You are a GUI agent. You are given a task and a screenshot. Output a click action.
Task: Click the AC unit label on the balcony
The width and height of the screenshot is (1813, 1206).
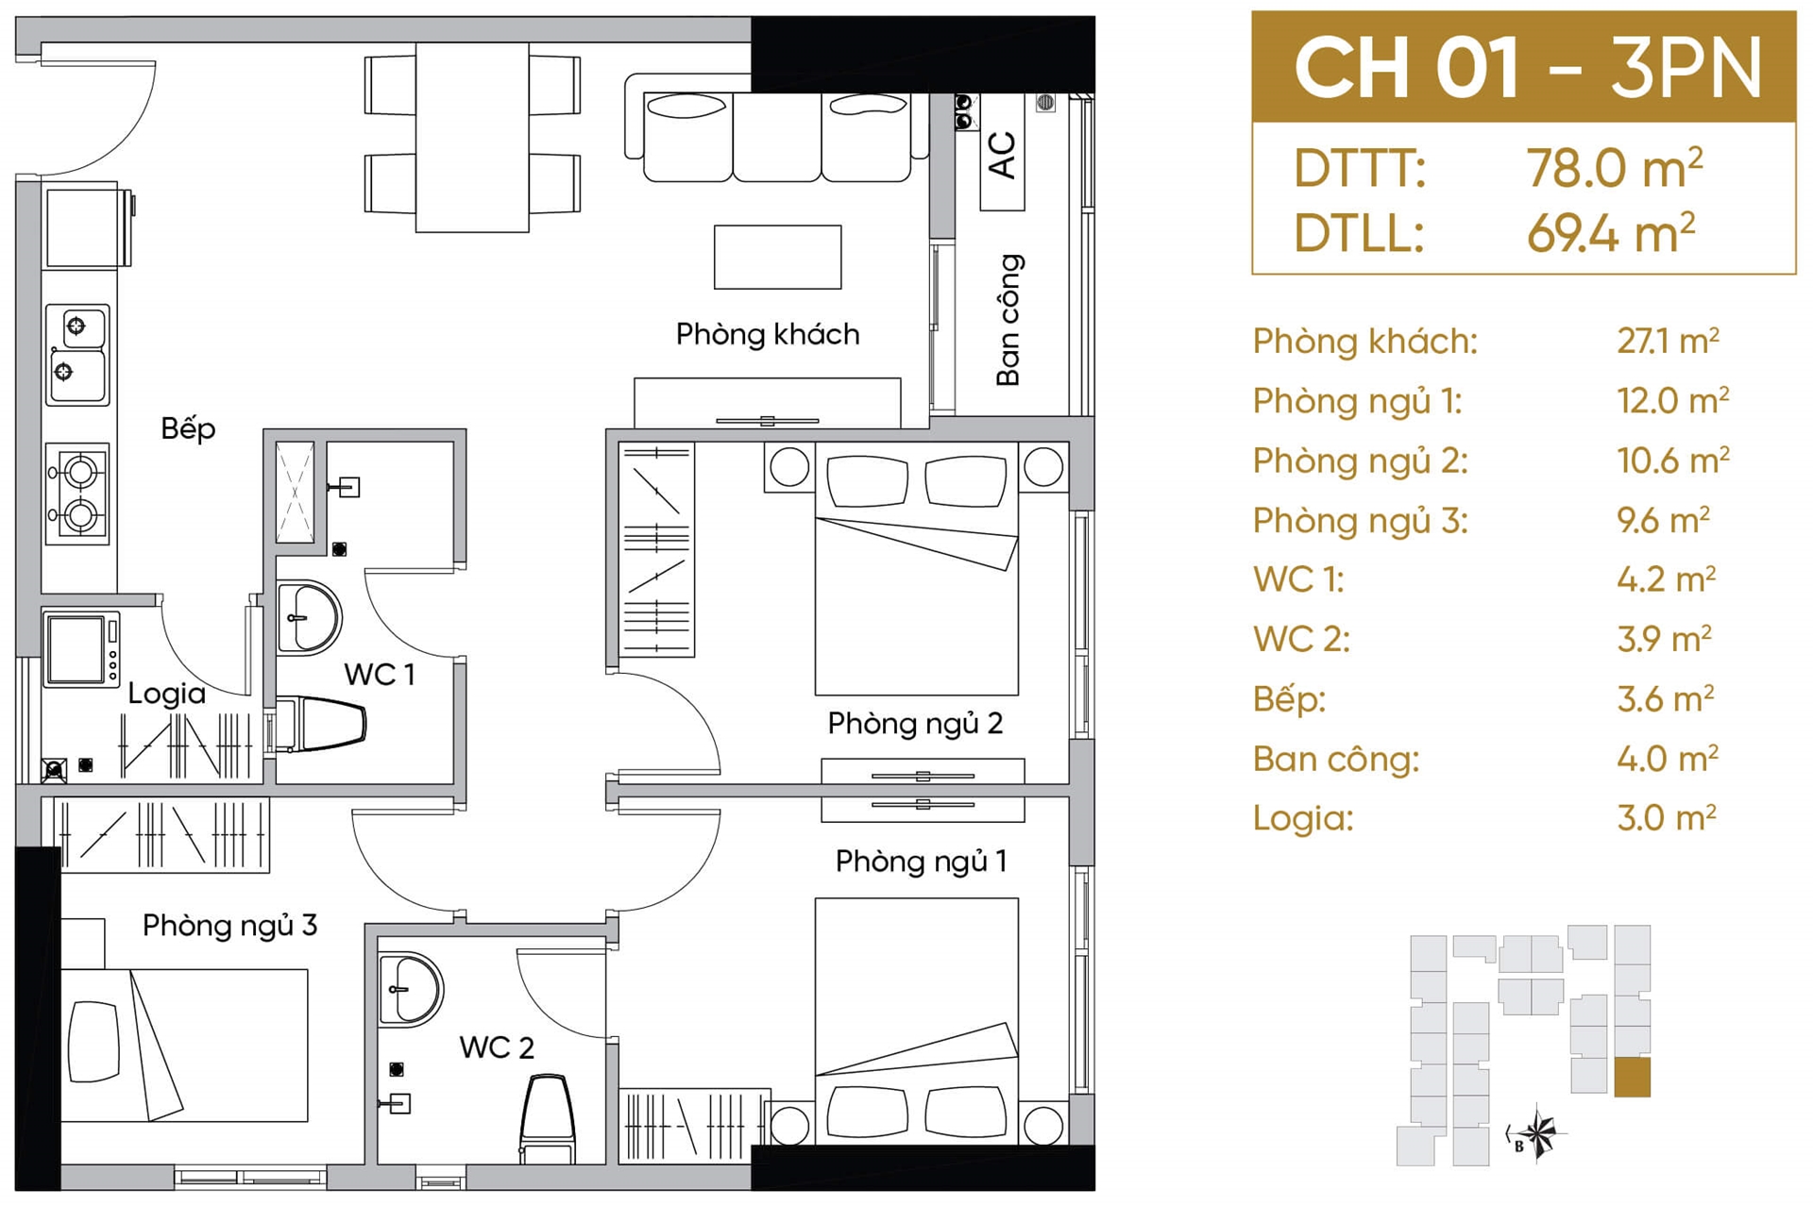click(x=1002, y=155)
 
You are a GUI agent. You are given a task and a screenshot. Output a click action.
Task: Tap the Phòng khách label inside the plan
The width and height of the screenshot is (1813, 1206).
click(x=768, y=334)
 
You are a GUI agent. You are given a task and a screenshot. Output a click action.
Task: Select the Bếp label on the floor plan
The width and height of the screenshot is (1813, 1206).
click(x=188, y=428)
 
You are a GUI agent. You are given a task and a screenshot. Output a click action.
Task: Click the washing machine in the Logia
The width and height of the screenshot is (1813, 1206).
click(x=81, y=649)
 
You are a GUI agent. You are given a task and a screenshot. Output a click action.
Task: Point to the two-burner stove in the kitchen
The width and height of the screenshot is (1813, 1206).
click(x=77, y=494)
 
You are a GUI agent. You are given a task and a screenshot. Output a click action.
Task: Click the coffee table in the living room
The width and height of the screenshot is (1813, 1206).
click(x=777, y=257)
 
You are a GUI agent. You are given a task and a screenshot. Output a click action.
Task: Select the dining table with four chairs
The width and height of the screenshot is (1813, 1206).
click(x=472, y=136)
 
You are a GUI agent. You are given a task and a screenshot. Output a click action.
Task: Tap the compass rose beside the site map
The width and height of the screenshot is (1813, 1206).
click(x=1537, y=1131)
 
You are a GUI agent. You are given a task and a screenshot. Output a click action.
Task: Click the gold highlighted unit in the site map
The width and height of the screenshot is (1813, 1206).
click(x=1633, y=1078)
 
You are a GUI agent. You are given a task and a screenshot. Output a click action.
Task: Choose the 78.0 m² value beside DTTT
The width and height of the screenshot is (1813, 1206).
click(x=1615, y=169)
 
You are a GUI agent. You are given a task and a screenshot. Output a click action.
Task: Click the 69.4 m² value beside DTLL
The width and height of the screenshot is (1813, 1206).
click(x=1611, y=232)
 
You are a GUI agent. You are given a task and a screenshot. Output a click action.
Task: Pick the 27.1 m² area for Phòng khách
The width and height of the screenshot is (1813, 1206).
click(x=1668, y=341)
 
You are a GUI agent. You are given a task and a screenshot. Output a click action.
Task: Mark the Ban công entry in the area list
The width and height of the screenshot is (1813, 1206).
click(x=1336, y=759)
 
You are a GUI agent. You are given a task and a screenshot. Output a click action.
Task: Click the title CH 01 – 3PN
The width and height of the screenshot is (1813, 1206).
click(x=1527, y=67)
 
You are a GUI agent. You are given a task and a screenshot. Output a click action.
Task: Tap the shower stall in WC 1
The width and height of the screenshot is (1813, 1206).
click(x=295, y=492)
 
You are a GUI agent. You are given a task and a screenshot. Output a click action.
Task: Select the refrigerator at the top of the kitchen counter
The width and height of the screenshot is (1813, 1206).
click(x=87, y=227)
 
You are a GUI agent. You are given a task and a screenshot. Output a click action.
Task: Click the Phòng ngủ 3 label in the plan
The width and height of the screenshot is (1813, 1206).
click(x=229, y=926)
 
